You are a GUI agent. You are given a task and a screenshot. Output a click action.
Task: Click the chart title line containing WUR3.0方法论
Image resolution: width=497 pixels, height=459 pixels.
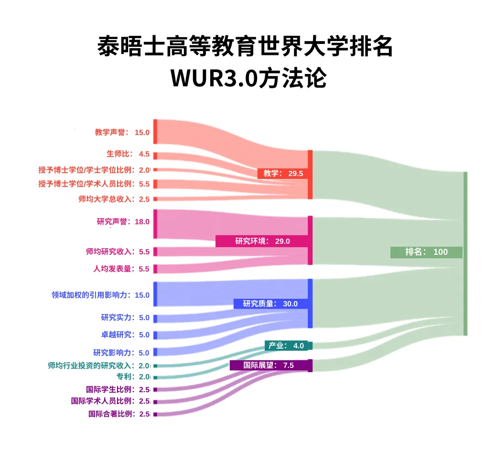point(248,78)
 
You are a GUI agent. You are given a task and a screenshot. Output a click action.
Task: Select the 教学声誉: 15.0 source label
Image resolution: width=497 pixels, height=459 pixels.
point(122,132)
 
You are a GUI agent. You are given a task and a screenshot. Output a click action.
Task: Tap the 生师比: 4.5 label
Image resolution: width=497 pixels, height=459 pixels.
point(128,154)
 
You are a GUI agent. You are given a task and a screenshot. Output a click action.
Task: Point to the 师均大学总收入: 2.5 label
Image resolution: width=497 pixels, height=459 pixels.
point(114,199)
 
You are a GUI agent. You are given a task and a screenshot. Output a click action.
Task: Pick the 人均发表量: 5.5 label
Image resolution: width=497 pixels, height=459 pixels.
point(121,269)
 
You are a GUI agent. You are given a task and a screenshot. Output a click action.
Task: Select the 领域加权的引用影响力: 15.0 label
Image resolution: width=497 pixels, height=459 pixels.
point(101,295)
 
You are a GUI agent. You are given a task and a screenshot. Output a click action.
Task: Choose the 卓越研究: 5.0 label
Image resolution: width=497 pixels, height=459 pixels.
point(125,334)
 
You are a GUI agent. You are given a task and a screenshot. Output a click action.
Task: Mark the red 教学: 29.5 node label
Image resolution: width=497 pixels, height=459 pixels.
point(282,173)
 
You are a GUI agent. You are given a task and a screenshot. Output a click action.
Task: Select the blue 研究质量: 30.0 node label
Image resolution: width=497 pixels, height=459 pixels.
point(270,303)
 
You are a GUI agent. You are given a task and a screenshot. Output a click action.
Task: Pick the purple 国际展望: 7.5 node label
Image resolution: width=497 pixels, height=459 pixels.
point(270,365)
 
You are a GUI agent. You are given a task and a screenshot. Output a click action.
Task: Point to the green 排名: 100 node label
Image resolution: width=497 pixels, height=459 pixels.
point(426,252)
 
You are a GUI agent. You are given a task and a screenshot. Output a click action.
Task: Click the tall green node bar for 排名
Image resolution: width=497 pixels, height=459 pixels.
point(465,253)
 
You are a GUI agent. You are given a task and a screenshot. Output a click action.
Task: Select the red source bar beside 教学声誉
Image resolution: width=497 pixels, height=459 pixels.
point(155,132)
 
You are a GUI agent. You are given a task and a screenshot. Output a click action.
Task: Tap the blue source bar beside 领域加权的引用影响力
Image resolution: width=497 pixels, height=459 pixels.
point(155,294)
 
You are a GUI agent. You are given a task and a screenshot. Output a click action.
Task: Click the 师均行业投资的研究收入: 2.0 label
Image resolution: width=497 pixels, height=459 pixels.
point(99,365)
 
